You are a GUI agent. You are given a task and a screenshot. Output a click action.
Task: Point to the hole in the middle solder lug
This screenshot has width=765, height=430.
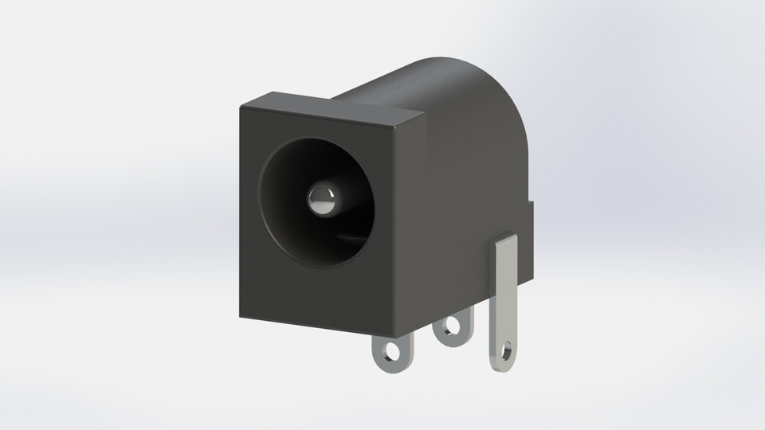452,326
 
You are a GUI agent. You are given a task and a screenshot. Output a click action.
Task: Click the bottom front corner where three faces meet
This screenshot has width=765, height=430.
390,334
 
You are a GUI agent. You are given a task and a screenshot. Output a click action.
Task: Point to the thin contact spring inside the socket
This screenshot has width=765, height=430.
351,236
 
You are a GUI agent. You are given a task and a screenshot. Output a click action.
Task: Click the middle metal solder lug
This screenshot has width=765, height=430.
452,328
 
